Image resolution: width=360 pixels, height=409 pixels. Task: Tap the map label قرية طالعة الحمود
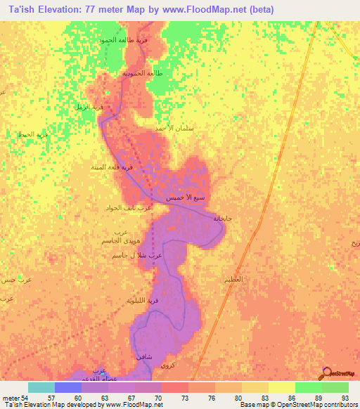(124, 40)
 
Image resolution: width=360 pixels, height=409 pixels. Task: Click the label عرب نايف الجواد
(129, 208)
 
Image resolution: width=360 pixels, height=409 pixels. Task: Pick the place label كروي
(167, 366)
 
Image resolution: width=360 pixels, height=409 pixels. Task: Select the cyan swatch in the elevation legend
(41, 387)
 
